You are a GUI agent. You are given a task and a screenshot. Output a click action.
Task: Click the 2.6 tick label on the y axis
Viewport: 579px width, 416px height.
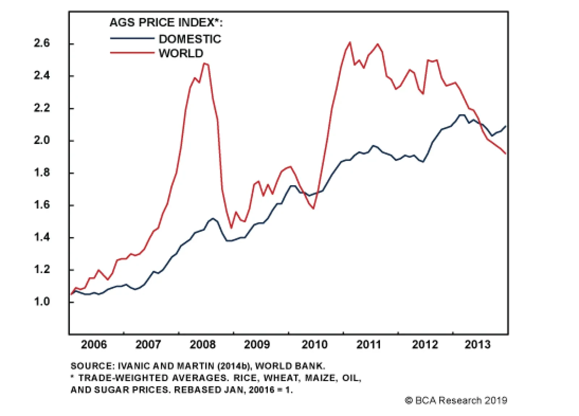coord(42,43)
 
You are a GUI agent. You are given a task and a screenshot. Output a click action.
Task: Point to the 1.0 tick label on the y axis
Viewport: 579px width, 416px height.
coord(42,301)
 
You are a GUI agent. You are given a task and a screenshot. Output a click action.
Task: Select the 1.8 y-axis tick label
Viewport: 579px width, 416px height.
coord(42,173)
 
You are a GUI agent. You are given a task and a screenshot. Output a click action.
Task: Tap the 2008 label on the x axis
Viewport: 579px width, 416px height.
coord(202,344)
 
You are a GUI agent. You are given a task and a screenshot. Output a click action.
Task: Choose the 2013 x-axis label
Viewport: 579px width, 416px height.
coord(477,344)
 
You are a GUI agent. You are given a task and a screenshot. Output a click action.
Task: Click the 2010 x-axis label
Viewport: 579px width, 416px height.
coord(314,344)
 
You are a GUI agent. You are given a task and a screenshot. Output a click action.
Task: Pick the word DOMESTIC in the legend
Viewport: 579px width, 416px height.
coord(190,39)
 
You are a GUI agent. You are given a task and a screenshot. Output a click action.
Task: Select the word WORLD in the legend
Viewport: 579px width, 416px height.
coord(181,54)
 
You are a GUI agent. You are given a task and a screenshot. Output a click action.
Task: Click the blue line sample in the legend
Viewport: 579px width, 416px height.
coord(132,38)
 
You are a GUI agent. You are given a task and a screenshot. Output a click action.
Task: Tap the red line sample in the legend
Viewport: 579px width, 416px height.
coord(132,53)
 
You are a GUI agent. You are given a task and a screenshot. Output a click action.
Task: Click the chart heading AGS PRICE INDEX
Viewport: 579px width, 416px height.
coord(166,23)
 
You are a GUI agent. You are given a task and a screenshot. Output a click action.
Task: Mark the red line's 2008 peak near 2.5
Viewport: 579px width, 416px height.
coord(205,64)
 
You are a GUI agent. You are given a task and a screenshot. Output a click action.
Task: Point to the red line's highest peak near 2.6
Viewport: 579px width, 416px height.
coord(350,42)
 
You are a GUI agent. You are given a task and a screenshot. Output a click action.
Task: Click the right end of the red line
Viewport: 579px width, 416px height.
coord(506,154)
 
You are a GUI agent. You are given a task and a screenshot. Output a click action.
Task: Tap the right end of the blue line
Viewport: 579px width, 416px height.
coord(506,126)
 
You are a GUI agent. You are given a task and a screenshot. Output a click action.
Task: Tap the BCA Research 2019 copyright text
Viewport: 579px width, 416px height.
coord(456,400)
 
